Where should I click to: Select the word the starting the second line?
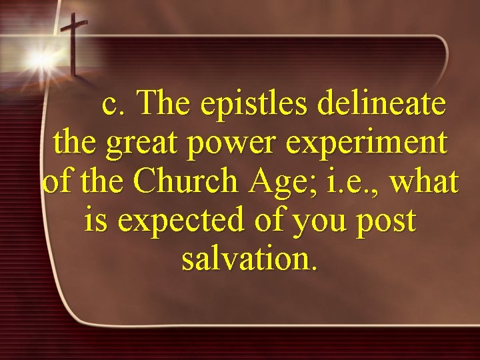coord(75,143)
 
